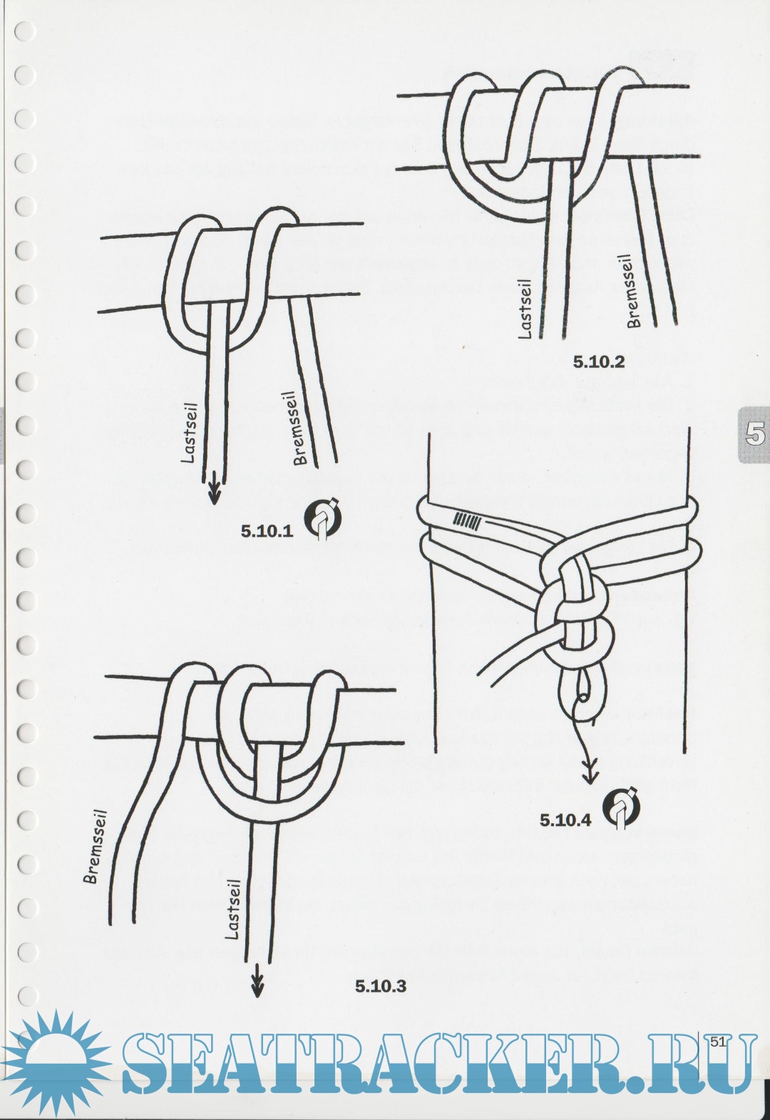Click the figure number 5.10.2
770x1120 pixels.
[x=599, y=362]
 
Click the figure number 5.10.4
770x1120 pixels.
[x=565, y=821]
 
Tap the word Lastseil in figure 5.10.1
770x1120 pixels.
[x=188, y=433]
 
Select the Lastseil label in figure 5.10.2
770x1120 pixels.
[x=525, y=309]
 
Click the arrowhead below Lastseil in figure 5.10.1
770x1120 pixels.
[x=215, y=495]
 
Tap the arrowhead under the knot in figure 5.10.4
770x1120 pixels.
[x=590, y=776]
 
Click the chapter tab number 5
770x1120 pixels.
[x=755, y=434]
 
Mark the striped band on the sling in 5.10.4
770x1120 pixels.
[x=467, y=521]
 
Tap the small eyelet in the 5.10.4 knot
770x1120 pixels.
[x=582, y=699]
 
